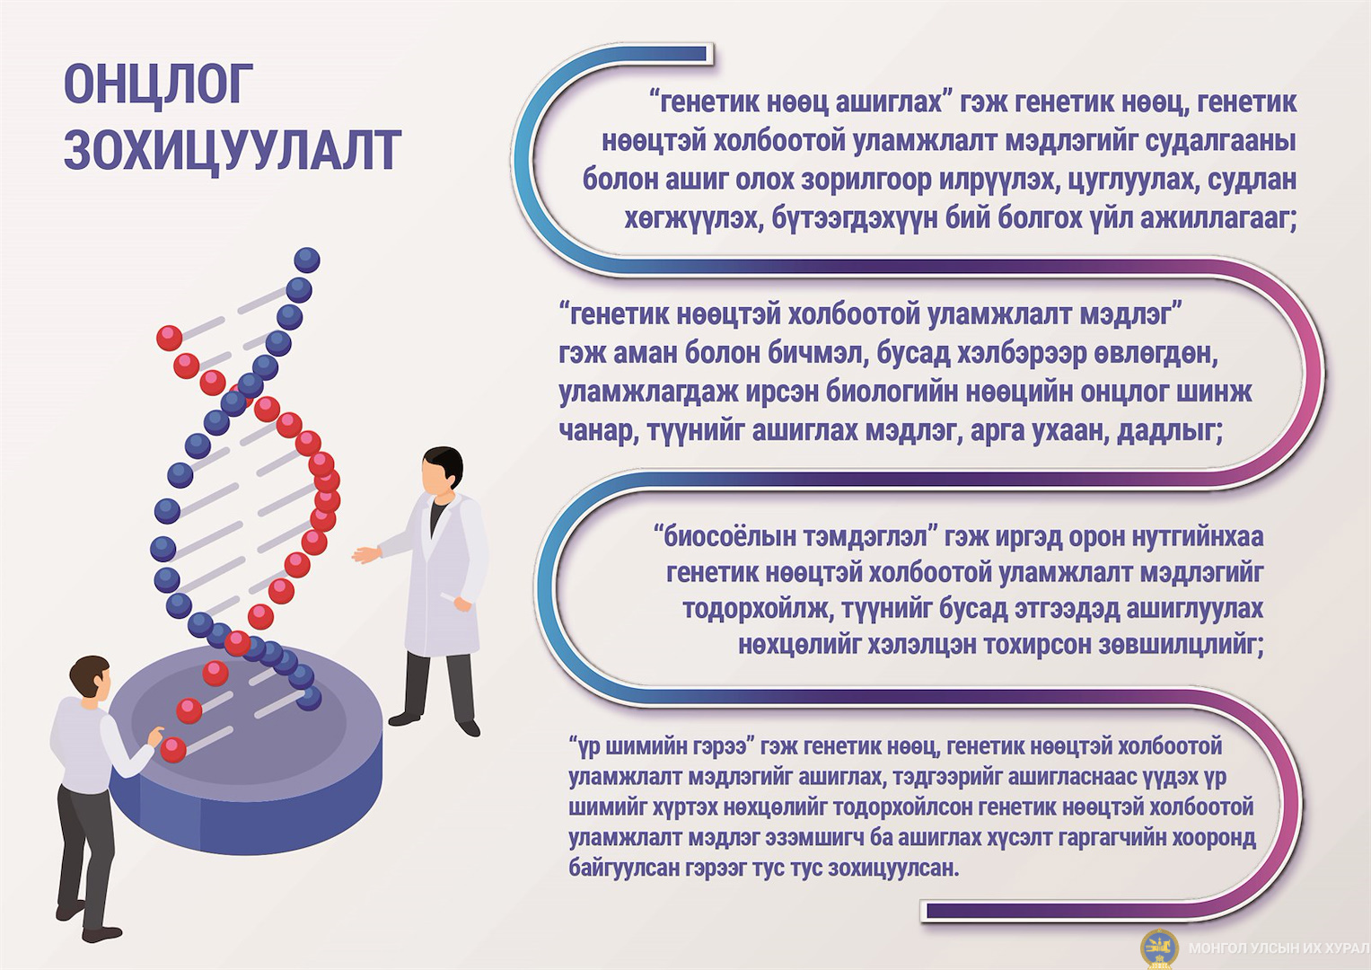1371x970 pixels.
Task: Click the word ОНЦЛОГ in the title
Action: pos(159,84)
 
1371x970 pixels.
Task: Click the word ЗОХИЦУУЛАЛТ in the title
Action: pos(233,149)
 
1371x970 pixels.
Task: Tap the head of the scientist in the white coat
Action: pos(442,471)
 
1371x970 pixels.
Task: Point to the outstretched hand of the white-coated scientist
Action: pos(366,554)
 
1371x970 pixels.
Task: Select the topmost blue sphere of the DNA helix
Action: pos(307,260)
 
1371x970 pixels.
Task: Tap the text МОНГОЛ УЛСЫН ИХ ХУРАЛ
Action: pos(1278,948)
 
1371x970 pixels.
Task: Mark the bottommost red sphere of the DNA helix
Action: pos(172,750)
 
